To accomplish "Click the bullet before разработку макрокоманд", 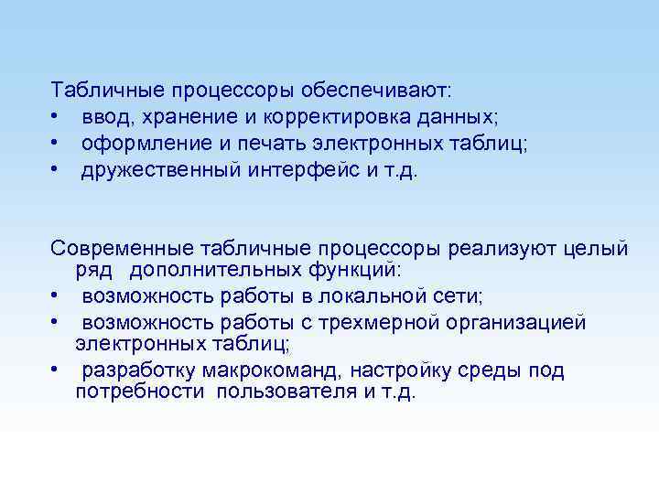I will pyautogui.click(x=56, y=370).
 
